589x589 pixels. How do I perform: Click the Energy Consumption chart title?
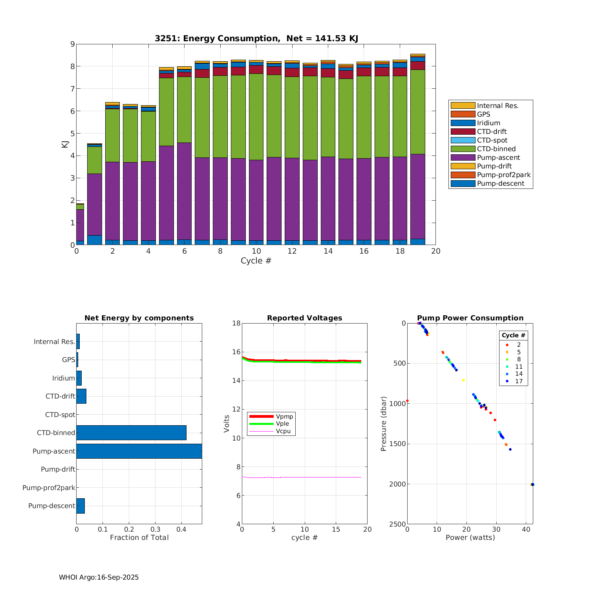pos(256,38)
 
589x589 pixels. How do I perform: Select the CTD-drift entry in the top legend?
pos(492,132)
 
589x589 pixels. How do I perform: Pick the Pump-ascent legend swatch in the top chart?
pos(463,157)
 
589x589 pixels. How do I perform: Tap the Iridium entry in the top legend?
pos(488,123)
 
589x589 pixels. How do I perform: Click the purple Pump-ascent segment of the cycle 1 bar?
pos(95,204)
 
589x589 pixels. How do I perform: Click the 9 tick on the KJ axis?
pos(72,44)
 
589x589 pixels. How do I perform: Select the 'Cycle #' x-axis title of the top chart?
pos(256,261)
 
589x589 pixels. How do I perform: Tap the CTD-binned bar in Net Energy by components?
pos(131,433)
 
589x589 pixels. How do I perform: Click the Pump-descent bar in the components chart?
pos(80,506)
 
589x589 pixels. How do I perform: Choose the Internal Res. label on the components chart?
pos(54,342)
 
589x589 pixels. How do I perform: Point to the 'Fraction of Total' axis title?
pos(139,538)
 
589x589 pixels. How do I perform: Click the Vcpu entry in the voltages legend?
pos(283,431)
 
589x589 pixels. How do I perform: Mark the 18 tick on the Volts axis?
pos(236,323)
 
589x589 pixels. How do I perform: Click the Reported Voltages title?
pos(304,318)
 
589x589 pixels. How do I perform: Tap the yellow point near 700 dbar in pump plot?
pos(463,380)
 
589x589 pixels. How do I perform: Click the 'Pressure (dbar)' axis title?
pos(384,423)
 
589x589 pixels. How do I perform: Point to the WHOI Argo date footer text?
pos(99,577)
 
